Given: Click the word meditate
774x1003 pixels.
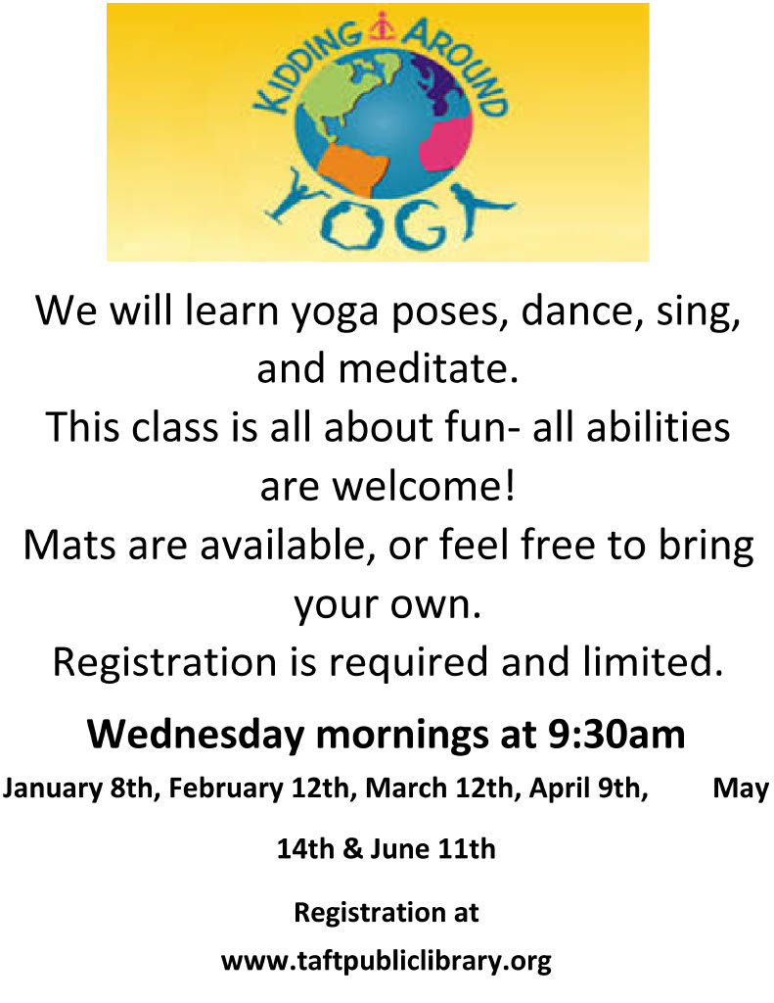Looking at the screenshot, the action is [x=428, y=368].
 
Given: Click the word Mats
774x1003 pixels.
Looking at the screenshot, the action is [x=69, y=545].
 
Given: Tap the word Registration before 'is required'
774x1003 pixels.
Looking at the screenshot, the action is [x=164, y=663].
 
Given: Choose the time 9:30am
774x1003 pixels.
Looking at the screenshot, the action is [x=616, y=735].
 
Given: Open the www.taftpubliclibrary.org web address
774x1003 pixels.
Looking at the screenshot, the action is [x=387, y=962].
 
